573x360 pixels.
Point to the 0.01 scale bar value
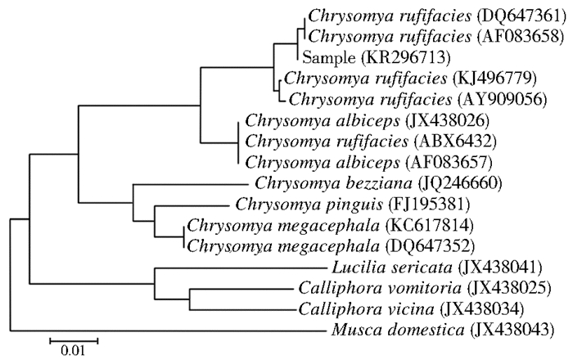click(73, 353)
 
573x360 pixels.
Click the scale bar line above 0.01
click(73, 338)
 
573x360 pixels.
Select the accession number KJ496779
click(492, 79)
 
